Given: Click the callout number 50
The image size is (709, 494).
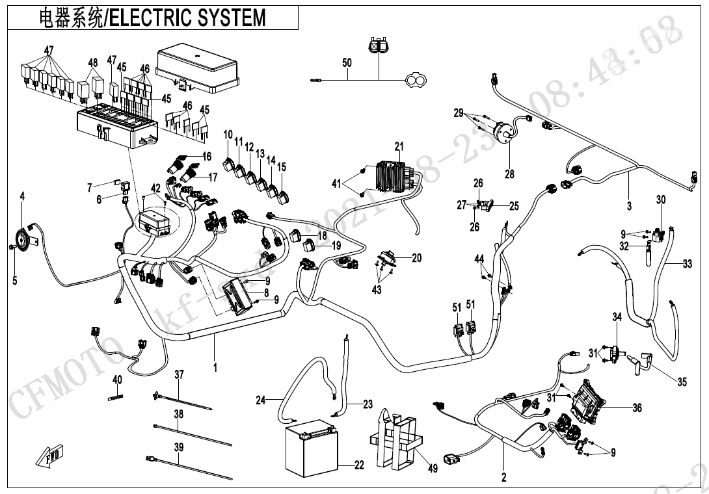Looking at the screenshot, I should pos(347,62).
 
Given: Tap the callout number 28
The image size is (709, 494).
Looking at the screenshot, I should pos(509,174).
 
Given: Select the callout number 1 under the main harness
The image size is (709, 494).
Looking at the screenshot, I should pos(215,367).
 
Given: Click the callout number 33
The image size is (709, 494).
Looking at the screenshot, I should pos(687,264).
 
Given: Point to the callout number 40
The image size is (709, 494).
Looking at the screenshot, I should pos(117,380).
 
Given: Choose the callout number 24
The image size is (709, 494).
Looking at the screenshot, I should pos(260,400).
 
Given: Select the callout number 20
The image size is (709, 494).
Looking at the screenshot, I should pos(416,258).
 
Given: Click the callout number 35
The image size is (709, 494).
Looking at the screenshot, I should pos(681,382).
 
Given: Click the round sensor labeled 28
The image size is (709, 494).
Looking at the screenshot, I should pos(505,133).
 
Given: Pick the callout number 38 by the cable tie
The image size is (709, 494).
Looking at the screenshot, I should pos(178,414).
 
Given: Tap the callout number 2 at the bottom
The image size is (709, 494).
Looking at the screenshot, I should pos(503,478).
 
